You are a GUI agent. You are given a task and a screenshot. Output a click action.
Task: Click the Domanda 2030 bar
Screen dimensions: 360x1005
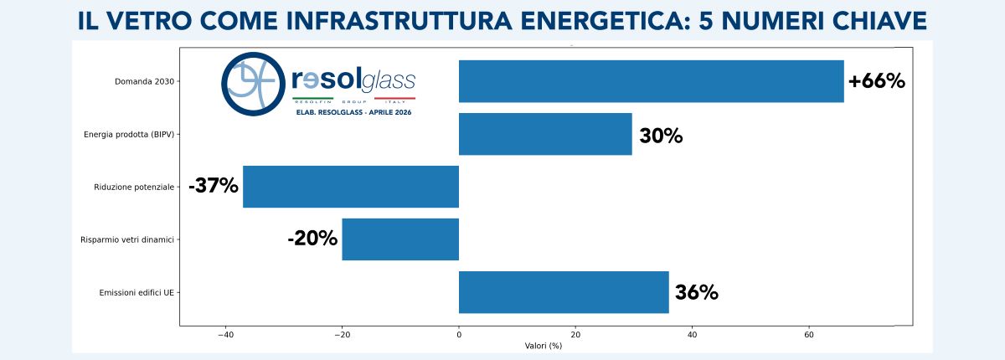(651, 81)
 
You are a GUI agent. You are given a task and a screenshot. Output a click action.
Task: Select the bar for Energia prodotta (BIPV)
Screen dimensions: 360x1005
(545, 134)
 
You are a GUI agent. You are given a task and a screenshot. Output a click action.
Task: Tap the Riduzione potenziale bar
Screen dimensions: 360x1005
(351, 187)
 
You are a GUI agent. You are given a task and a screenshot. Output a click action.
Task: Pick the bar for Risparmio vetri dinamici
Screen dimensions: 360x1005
(400, 239)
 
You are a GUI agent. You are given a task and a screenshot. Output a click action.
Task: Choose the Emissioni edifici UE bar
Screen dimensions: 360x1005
(564, 292)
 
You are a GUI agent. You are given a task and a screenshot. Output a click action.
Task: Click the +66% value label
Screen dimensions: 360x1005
(876, 81)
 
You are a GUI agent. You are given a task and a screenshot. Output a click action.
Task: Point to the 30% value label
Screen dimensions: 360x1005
(661, 136)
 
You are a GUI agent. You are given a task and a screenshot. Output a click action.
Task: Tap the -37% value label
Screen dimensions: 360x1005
(214, 186)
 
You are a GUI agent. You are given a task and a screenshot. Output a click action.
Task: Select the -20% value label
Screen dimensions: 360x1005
(312, 239)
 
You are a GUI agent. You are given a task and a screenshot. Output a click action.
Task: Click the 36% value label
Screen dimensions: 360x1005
(697, 292)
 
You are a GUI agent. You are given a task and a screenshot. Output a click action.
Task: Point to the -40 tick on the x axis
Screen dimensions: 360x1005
(225, 335)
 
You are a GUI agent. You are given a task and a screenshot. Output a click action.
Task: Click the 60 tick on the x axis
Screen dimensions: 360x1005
(809, 335)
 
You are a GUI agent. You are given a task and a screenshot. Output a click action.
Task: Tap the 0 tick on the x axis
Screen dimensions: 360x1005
(459, 335)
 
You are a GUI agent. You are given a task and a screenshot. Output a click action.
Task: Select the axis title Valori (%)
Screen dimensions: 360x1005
(544, 346)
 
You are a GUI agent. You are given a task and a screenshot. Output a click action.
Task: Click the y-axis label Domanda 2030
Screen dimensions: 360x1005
(144, 82)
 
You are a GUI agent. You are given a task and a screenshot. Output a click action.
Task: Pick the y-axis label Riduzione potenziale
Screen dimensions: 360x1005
(134, 188)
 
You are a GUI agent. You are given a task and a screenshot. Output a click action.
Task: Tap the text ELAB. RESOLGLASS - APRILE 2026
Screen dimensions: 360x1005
(353, 112)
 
